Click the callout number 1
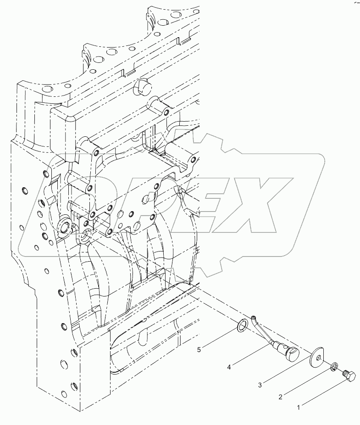pos(299,407)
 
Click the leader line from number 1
pos(324,392)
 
